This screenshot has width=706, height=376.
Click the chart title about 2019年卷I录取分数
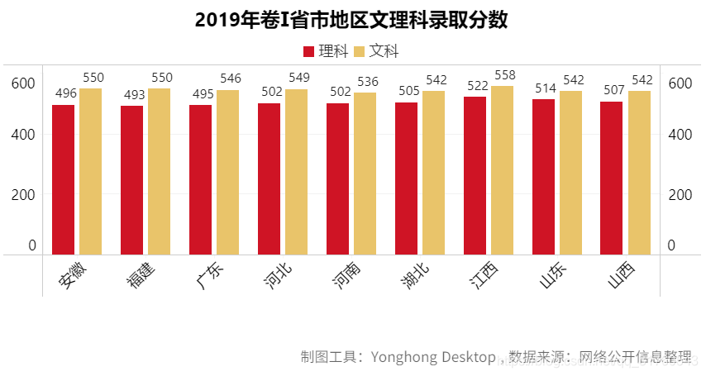[x=351, y=20]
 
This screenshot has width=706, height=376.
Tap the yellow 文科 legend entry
[x=376, y=51]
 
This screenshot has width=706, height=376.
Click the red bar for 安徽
[x=64, y=179]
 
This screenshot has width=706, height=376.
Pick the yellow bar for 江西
[x=502, y=170]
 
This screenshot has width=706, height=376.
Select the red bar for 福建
[x=132, y=180]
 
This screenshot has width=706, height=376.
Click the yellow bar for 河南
[x=365, y=174]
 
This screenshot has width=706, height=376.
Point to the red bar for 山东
[x=543, y=177]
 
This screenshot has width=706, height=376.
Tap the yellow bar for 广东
[x=227, y=172]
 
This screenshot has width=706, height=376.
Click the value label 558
[x=504, y=75]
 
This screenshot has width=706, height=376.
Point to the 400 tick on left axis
[x=23, y=134]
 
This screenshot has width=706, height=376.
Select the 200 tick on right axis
[x=679, y=194]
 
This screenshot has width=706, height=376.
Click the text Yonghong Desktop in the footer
[x=432, y=357]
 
